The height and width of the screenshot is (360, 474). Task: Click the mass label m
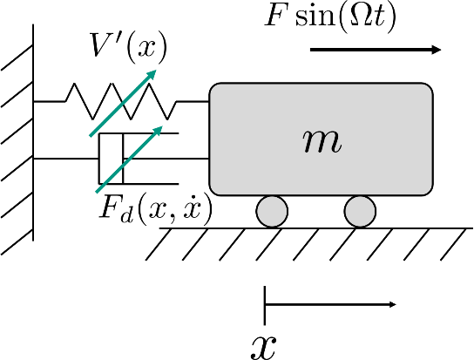[x=322, y=142]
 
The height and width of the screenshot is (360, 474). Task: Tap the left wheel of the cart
[x=272, y=211]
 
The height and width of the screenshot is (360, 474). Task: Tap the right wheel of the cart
[x=360, y=211]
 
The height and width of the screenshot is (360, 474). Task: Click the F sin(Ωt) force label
[x=330, y=16]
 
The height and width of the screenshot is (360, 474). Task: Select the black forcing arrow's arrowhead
[x=436, y=50]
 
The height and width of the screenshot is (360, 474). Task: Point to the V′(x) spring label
[x=128, y=47]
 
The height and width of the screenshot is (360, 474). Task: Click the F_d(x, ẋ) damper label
[x=156, y=209]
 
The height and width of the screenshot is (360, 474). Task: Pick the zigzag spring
[x=121, y=101]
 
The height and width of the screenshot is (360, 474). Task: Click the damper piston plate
[x=123, y=159]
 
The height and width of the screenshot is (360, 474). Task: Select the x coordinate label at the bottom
[x=263, y=347]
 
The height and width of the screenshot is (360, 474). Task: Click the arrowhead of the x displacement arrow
[x=392, y=304]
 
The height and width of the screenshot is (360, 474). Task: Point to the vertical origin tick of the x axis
[x=265, y=305]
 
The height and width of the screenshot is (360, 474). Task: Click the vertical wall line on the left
[x=33, y=132]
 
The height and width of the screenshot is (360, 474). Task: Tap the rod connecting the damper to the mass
[x=166, y=159]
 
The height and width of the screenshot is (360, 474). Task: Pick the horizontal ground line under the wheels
[x=316, y=228]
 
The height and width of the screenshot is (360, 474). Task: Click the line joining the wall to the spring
[x=49, y=102]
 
